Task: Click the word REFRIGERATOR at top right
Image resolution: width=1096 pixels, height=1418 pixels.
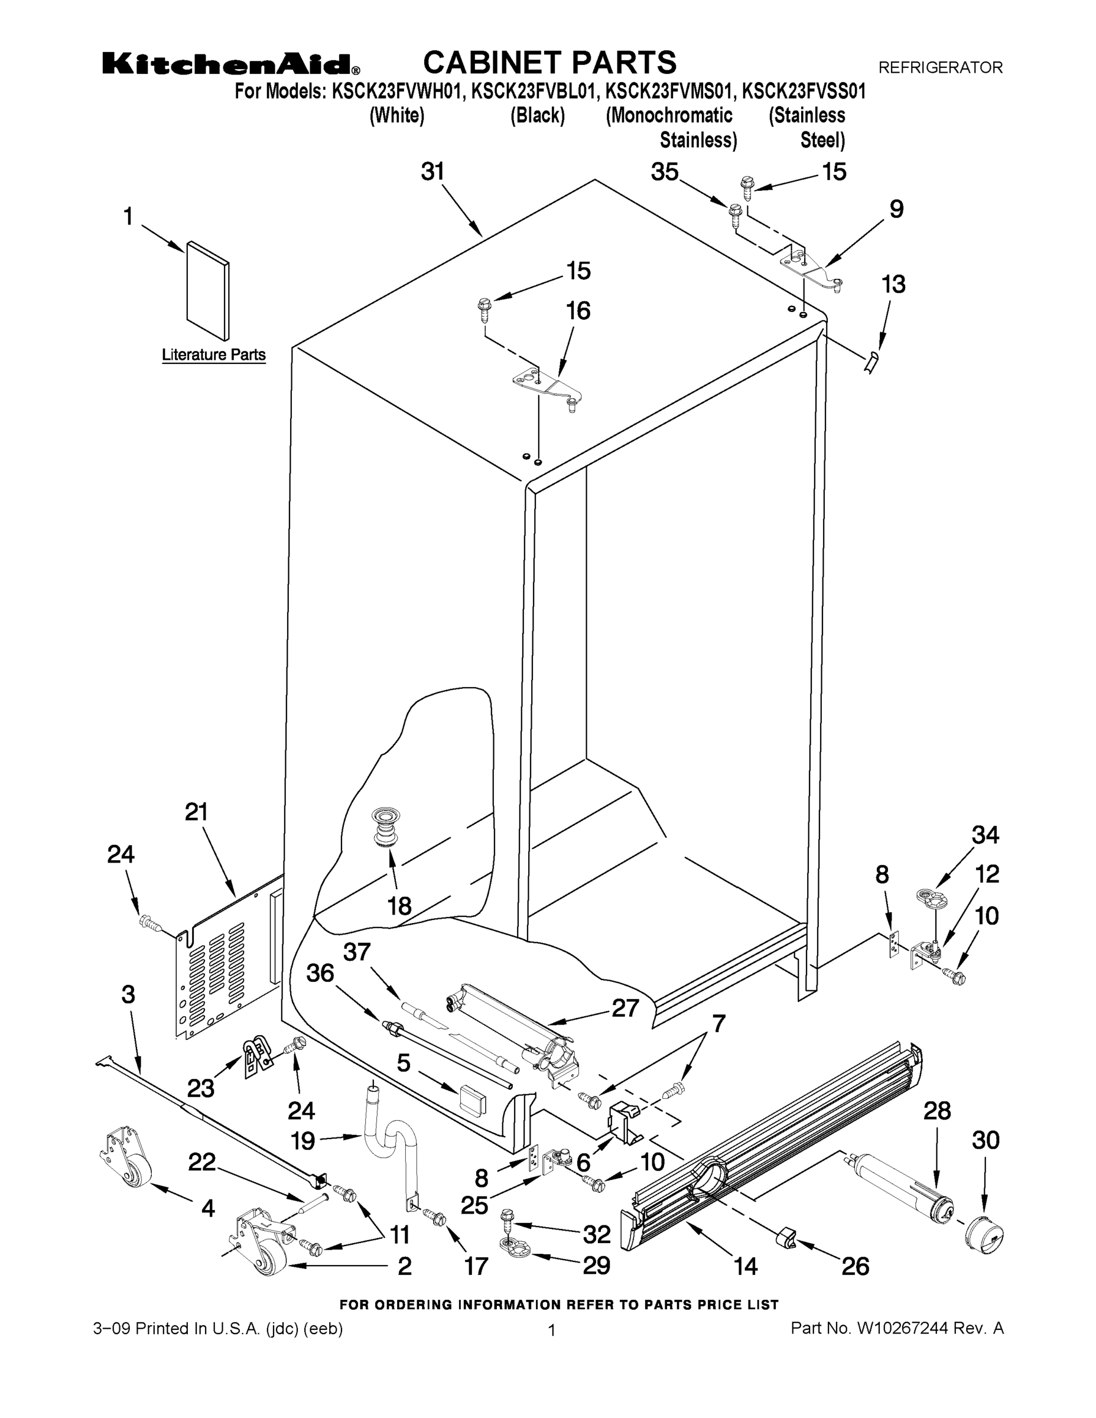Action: click(x=940, y=67)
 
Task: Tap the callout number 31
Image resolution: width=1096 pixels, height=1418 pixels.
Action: click(x=433, y=171)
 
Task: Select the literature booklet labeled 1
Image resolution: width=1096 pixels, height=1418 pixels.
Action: click(x=208, y=291)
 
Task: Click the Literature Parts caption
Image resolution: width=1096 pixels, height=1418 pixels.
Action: click(x=214, y=354)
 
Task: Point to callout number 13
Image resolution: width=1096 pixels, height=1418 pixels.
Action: click(x=893, y=284)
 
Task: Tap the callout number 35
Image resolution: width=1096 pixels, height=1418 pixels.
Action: click(x=665, y=172)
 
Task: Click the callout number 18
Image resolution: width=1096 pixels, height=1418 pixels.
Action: click(x=399, y=906)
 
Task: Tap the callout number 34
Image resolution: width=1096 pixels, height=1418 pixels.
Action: click(x=985, y=835)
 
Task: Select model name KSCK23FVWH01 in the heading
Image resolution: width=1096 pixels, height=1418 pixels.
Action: click(x=399, y=92)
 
